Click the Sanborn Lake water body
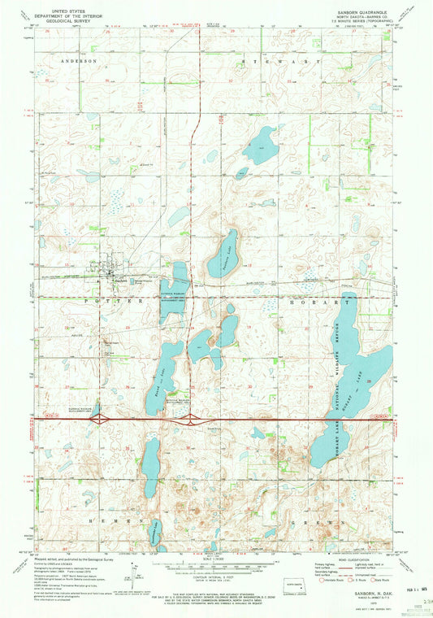(221, 258)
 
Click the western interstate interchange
(99, 420)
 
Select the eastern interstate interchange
(191, 420)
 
